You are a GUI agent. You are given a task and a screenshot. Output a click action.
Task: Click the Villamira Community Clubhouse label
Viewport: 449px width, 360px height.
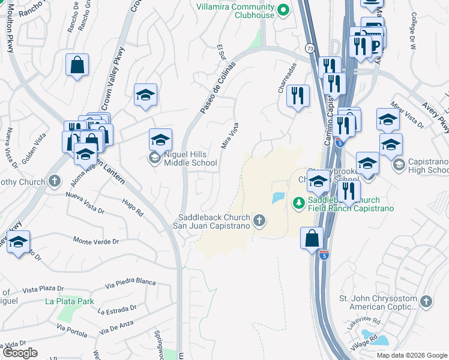coord(235,11)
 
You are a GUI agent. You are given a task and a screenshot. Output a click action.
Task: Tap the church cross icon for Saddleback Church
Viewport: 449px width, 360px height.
coord(259,221)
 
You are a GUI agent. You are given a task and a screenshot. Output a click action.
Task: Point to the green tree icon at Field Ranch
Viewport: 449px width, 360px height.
coord(298,204)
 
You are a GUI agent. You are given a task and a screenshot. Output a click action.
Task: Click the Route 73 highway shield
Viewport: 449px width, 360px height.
coord(309,48)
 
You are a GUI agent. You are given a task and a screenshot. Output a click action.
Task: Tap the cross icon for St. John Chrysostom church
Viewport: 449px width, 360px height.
coord(426,301)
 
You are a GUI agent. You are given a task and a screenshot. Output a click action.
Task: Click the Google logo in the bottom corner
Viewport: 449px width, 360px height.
coord(20,353)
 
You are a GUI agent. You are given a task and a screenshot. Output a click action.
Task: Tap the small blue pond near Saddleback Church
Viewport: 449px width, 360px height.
coord(278,197)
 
